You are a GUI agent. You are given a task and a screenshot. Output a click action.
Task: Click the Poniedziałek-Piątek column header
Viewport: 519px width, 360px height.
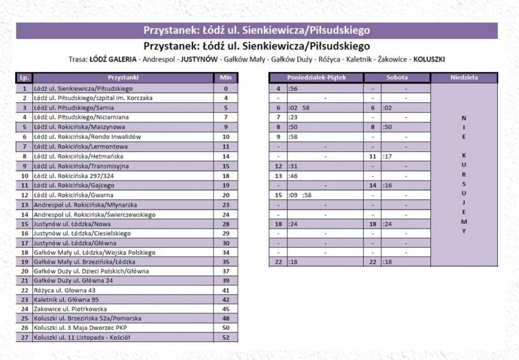pyautogui.click(x=316, y=78)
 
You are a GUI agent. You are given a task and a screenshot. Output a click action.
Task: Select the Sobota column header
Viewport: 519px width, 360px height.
pyautogui.click(x=397, y=78)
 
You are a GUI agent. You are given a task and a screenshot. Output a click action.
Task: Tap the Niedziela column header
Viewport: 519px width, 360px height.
pyautogui.click(x=463, y=78)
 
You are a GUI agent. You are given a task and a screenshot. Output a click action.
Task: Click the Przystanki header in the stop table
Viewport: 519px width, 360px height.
pyautogui.click(x=123, y=78)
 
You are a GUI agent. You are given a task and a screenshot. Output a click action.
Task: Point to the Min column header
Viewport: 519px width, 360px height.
pyautogui.click(x=225, y=78)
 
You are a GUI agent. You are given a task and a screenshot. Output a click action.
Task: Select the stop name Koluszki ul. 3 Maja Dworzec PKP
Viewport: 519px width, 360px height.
pyautogui.click(x=81, y=328)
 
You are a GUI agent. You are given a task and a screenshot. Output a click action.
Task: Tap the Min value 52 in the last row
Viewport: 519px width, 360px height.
pyautogui.click(x=225, y=337)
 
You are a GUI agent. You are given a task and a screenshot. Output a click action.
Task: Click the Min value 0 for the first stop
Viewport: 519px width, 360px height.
pyautogui.click(x=225, y=88)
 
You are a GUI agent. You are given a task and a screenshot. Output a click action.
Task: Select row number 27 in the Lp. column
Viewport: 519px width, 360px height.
pyautogui.click(x=24, y=337)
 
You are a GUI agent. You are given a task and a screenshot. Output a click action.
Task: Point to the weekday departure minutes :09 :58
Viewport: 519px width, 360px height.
pyautogui.click(x=301, y=195)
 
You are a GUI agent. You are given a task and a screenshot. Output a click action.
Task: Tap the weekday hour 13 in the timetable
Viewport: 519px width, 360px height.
pyautogui.click(x=278, y=176)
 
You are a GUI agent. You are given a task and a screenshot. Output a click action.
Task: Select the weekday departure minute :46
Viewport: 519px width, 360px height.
pyautogui.click(x=294, y=176)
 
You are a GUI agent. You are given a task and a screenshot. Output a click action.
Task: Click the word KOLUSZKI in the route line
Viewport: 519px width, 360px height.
pyautogui.click(x=429, y=59)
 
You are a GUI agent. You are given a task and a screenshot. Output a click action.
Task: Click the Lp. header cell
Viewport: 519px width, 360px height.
pyautogui.click(x=24, y=78)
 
